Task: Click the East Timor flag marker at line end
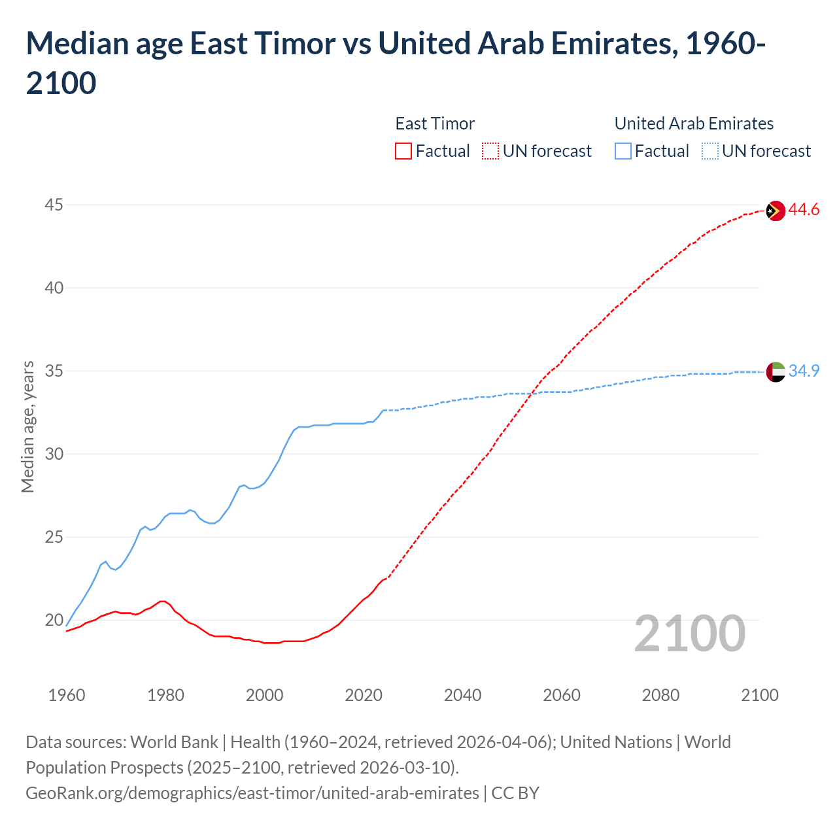pos(775,211)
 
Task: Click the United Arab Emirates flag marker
pos(775,371)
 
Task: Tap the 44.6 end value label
pos(804,210)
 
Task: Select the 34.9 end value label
pos(804,371)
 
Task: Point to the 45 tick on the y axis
pos(54,205)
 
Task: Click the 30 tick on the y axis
pos(54,454)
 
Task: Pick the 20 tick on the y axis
pos(54,620)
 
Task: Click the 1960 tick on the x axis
pos(67,695)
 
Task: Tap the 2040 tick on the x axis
pos(462,695)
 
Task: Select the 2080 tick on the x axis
pos(660,695)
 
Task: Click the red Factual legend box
pos(403,151)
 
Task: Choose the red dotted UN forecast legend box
pos(490,151)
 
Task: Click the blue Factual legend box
pos(623,151)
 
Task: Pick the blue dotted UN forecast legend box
pos(709,151)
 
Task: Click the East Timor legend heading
pos(435,124)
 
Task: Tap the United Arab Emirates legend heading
pos(694,124)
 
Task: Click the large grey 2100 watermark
pos(689,633)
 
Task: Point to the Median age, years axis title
pos(27,426)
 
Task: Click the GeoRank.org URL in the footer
pos(252,793)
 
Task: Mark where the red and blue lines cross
pos(530,394)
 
